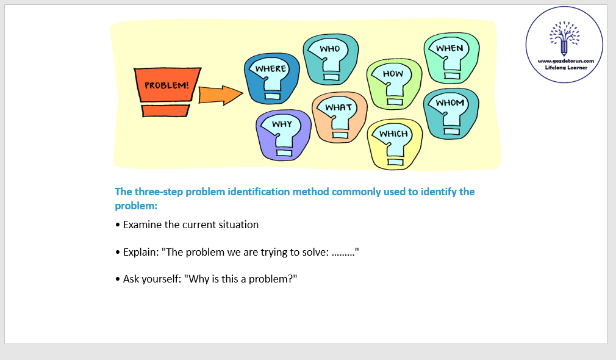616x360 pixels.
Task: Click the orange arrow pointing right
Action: click(x=221, y=95)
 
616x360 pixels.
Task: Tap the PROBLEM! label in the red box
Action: click(x=167, y=85)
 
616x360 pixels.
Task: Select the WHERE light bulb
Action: click(x=271, y=79)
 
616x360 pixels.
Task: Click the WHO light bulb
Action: click(x=331, y=59)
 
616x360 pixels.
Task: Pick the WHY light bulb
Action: click(x=283, y=135)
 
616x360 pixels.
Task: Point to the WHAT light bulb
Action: click(x=340, y=118)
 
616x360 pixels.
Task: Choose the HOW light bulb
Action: click(x=394, y=84)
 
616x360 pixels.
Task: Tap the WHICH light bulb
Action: click(x=395, y=144)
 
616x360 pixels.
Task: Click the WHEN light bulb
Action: click(x=451, y=58)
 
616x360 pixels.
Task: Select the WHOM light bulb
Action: click(x=451, y=113)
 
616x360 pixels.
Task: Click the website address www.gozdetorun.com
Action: click(x=566, y=61)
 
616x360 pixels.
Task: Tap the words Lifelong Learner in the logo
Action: click(x=566, y=68)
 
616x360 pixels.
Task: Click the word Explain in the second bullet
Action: click(x=141, y=253)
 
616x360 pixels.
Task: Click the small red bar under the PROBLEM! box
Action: click(x=165, y=110)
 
